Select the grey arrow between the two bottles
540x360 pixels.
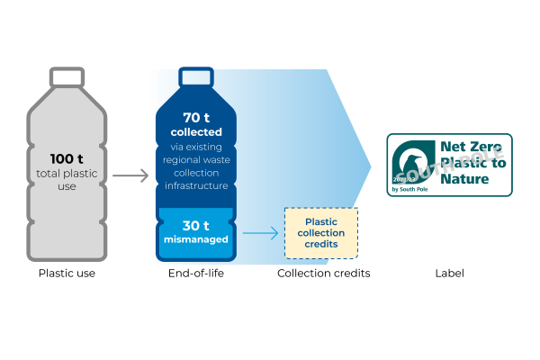130,175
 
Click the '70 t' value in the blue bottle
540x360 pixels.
195,118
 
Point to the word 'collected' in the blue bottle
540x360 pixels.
195,132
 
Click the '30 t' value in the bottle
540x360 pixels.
195,226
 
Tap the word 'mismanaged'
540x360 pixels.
195,240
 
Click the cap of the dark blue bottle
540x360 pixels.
195,76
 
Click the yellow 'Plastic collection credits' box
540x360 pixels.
321,233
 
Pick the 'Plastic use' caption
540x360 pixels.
67,273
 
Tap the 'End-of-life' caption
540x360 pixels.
196,273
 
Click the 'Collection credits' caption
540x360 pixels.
323,273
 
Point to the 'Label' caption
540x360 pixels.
449,273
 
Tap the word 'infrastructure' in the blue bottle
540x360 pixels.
195,185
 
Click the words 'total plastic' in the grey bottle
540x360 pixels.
67,173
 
